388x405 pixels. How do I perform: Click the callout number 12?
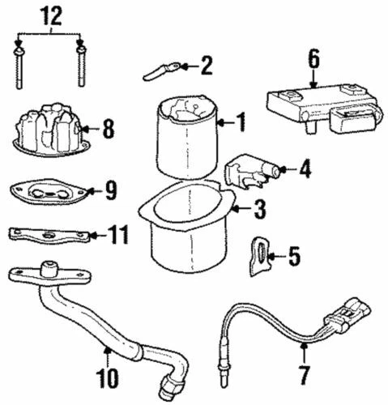pos(50,14)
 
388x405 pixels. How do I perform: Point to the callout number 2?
pos(207,64)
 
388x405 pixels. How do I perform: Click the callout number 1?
pos(240,122)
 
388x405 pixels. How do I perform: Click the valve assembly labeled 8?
pos(49,130)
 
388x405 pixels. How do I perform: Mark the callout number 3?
pos(258,211)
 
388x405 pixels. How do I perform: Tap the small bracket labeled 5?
pos(260,254)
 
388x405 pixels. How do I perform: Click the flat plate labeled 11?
pos(49,236)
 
